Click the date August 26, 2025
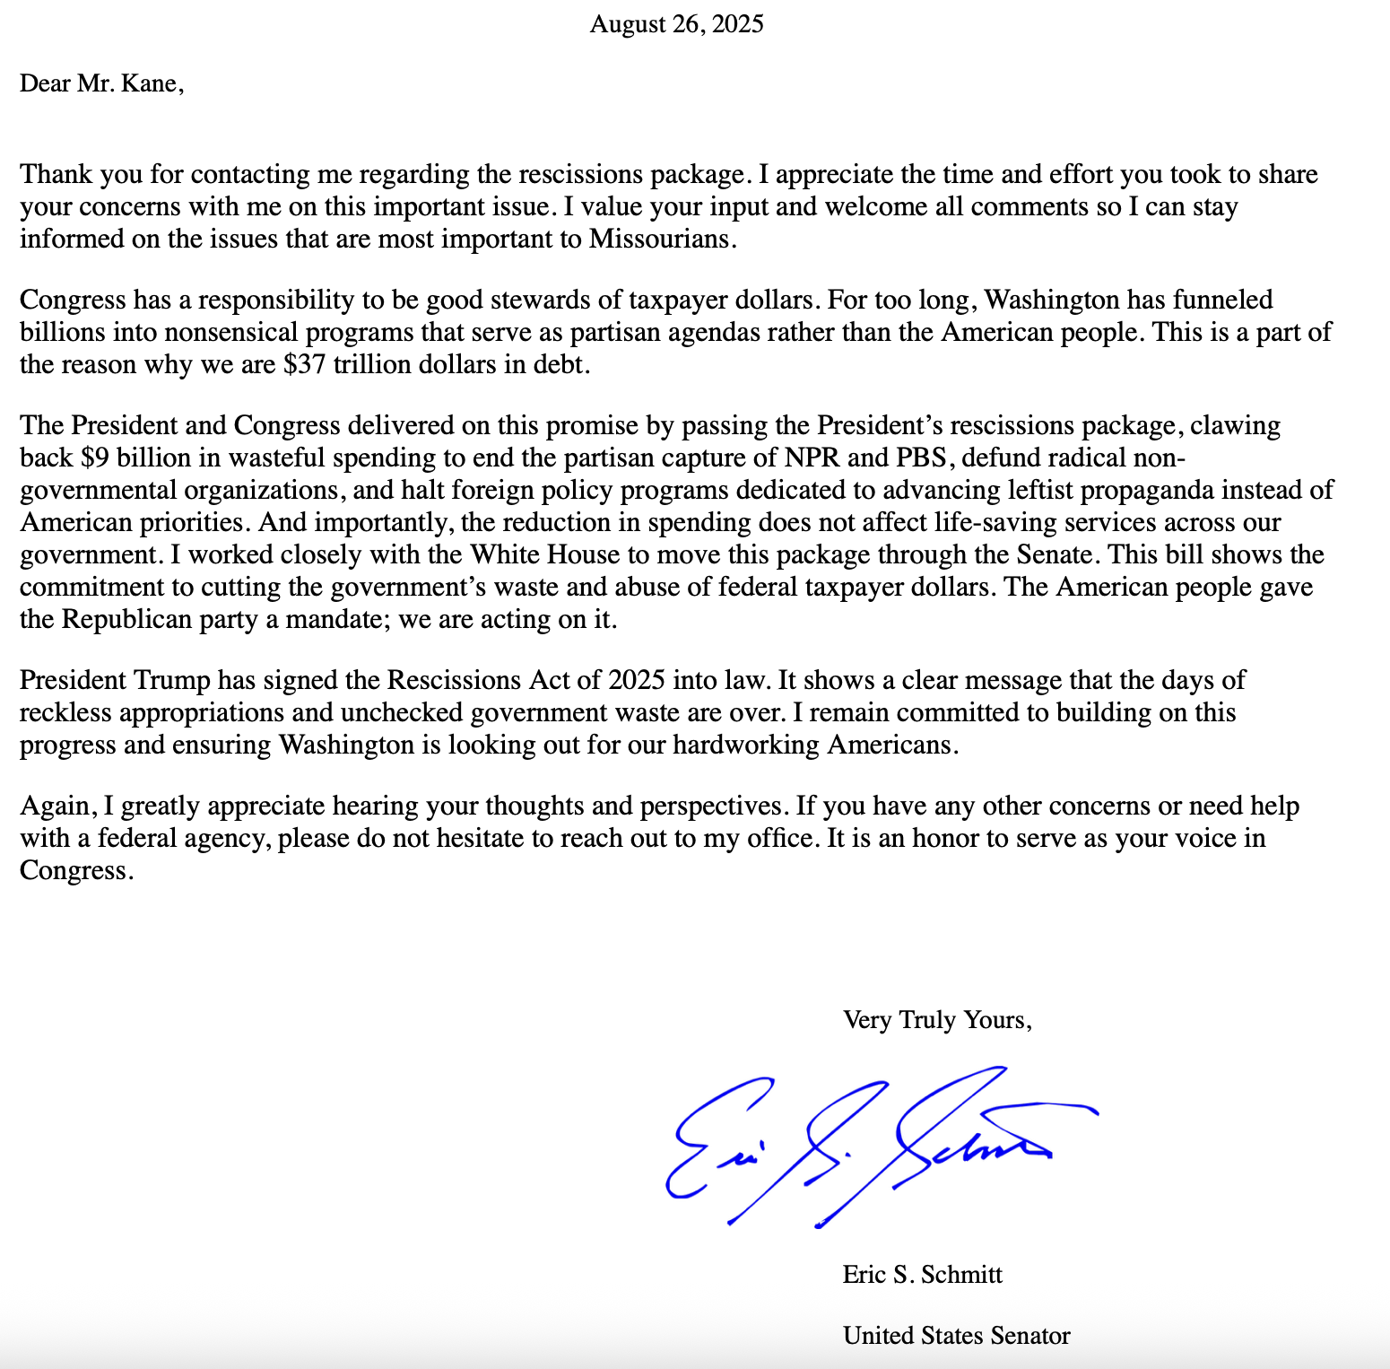click(676, 24)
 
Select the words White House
click(545, 555)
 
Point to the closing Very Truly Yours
click(937, 1020)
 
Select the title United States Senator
click(956, 1336)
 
